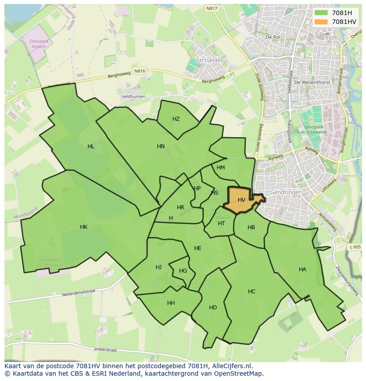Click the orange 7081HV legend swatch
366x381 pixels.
[321, 21]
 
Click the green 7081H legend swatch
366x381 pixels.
[321, 13]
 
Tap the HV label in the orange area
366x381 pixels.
[241, 200]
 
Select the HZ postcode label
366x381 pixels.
[176, 119]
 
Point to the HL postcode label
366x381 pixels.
[91, 146]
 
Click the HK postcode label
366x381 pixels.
[84, 227]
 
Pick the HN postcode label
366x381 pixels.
[160, 146]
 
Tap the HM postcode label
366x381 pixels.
[221, 168]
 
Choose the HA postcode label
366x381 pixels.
[302, 269]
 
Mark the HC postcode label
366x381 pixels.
[252, 292]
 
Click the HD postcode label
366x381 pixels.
[213, 308]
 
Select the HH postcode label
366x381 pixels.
[171, 303]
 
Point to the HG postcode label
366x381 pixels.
[183, 271]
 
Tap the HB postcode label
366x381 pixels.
[251, 227]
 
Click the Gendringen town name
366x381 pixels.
[286, 192]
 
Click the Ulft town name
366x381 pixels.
[333, 38]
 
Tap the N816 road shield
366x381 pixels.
[140, 71]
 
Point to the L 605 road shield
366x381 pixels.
[355, 247]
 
